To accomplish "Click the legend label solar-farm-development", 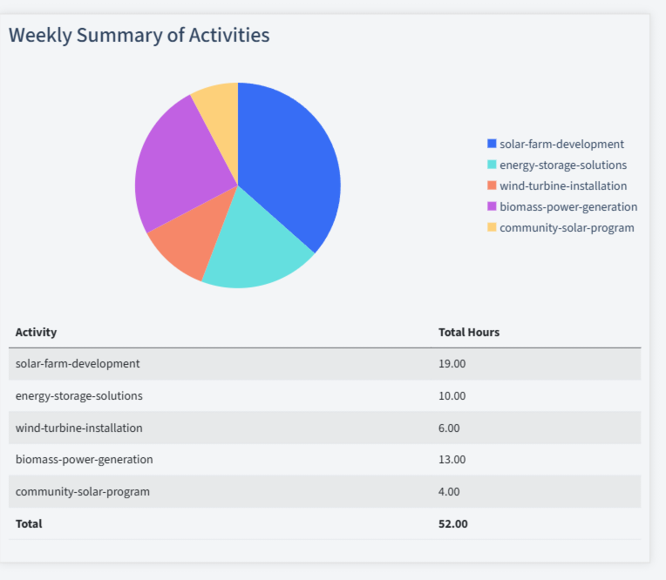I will click(561, 144).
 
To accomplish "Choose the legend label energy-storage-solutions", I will click(562, 165).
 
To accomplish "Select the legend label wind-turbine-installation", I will click(562, 185).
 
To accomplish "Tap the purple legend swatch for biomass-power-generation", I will click(492, 206).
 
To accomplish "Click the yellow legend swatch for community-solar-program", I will click(492, 227).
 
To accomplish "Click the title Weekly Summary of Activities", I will click(139, 35).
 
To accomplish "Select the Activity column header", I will click(36, 332).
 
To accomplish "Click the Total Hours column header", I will click(468, 332).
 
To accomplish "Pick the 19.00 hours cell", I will click(452, 363).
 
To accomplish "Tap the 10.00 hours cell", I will click(452, 395).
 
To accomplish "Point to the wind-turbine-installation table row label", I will click(78, 428).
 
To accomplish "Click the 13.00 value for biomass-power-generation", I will click(452, 459).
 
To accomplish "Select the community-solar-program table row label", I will click(82, 491).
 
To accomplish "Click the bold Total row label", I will click(29, 523).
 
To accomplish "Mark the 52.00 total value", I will click(452, 523).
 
